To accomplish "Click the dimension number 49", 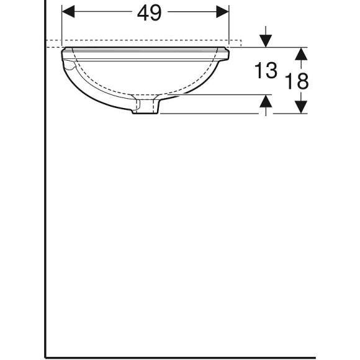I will [149, 12].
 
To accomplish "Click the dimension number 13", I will [265, 71].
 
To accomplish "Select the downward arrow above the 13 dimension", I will [266, 40].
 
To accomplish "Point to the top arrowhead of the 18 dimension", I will [301, 54].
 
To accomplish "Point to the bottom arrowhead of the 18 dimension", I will [301, 107].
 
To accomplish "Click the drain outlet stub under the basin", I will [145, 108].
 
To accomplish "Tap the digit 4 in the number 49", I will [142, 12].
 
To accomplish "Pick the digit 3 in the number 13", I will [271, 71].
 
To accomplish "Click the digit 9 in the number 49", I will [156, 12].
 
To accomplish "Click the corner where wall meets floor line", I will [46, 357].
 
